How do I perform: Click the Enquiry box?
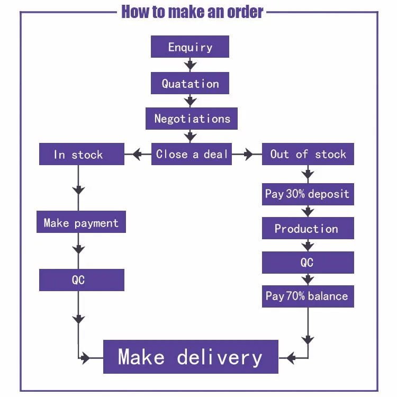pyautogui.click(x=190, y=47)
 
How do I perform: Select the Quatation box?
pyautogui.click(x=190, y=83)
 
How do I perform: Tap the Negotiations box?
pyautogui.click(x=192, y=119)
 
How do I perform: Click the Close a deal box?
pyautogui.click(x=192, y=154)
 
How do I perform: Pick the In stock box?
pyautogui.click(x=82, y=155)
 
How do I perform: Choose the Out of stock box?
pyautogui.click(x=308, y=154)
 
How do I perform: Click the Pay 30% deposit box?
pyautogui.click(x=308, y=194)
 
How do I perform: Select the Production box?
pyautogui.click(x=308, y=229)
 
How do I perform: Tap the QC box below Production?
pyautogui.click(x=308, y=263)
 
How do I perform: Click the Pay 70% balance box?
pyautogui.click(x=308, y=296)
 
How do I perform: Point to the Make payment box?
pyautogui.click(x=81, y=222)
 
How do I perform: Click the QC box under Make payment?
pyautogui.click(x=82, y=280)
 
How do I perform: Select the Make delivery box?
pyautogui.click(x=191, y=357)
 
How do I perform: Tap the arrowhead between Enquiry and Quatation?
pyautogui.click(x=190, y=65)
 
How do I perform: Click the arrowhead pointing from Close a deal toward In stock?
pyautogui.click(x=137, y=155)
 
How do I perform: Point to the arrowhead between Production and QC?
pyautogui.click(x=308, y=246)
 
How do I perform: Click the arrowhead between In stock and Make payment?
pyautogui.click(x=78, y=190)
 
